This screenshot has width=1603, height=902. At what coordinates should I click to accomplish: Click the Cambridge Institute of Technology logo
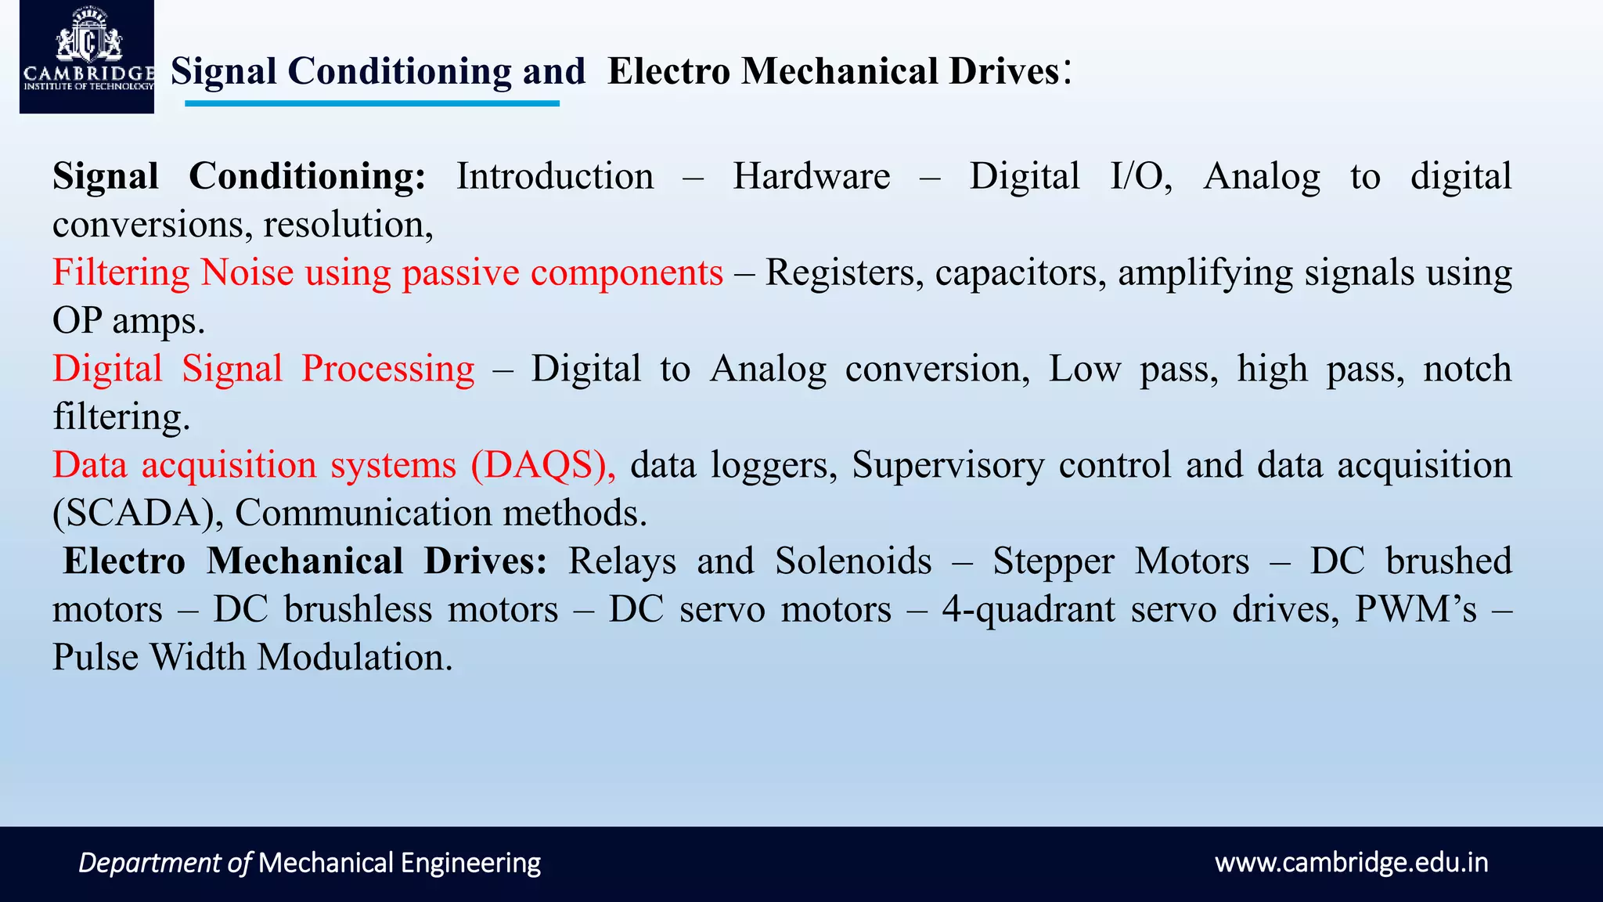(87, 56)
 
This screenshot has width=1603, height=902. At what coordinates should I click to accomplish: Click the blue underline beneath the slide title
(372, 103)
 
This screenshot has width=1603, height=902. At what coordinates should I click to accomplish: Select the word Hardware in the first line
(811, 177)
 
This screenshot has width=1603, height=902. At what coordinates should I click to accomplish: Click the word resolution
(348, 225)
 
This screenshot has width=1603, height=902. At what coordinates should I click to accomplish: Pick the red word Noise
(247, 273)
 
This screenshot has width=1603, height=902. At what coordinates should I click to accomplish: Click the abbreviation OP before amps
(77, 321)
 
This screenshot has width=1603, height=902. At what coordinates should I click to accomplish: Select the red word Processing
(388, 370)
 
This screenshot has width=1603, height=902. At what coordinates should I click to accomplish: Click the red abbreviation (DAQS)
(542, 465)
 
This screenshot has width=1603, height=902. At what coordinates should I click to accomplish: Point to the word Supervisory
(948, 465)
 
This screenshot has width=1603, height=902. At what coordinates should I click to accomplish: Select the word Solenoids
(853, 561)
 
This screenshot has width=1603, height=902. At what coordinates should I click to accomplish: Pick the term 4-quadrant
(1028, 610)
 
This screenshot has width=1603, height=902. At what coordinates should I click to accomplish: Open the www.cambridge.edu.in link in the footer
(1351, 863)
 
